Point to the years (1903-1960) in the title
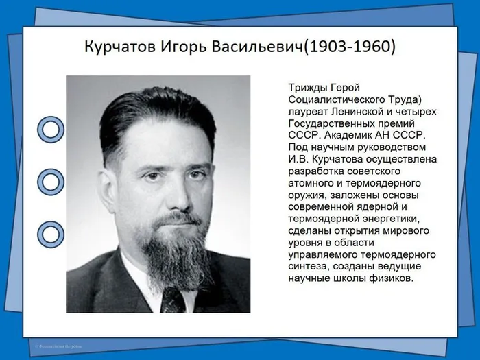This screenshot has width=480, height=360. point(349,49)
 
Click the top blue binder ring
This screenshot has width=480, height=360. point(50,128)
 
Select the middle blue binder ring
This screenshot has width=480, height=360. point(50,182)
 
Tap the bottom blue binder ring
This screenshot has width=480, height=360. point(50,234)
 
